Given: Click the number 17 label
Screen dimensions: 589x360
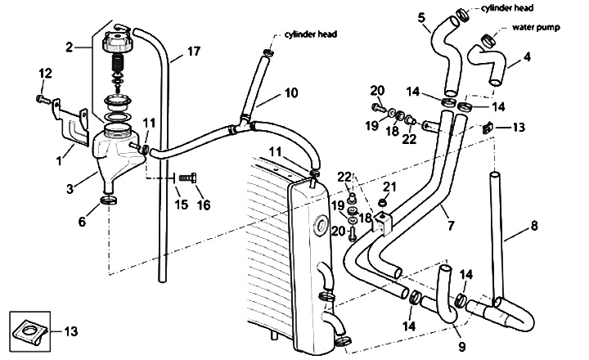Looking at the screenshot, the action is [194, 51].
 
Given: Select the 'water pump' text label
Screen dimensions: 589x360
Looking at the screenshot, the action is [536, 28].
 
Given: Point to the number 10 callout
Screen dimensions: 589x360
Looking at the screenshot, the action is [291, 92].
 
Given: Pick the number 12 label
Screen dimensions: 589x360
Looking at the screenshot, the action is [45, 74].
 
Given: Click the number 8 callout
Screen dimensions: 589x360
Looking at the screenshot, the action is [533, 226].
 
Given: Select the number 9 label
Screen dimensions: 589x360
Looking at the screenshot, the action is [461, 346].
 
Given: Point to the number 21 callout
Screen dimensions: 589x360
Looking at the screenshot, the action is [390, 186].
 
